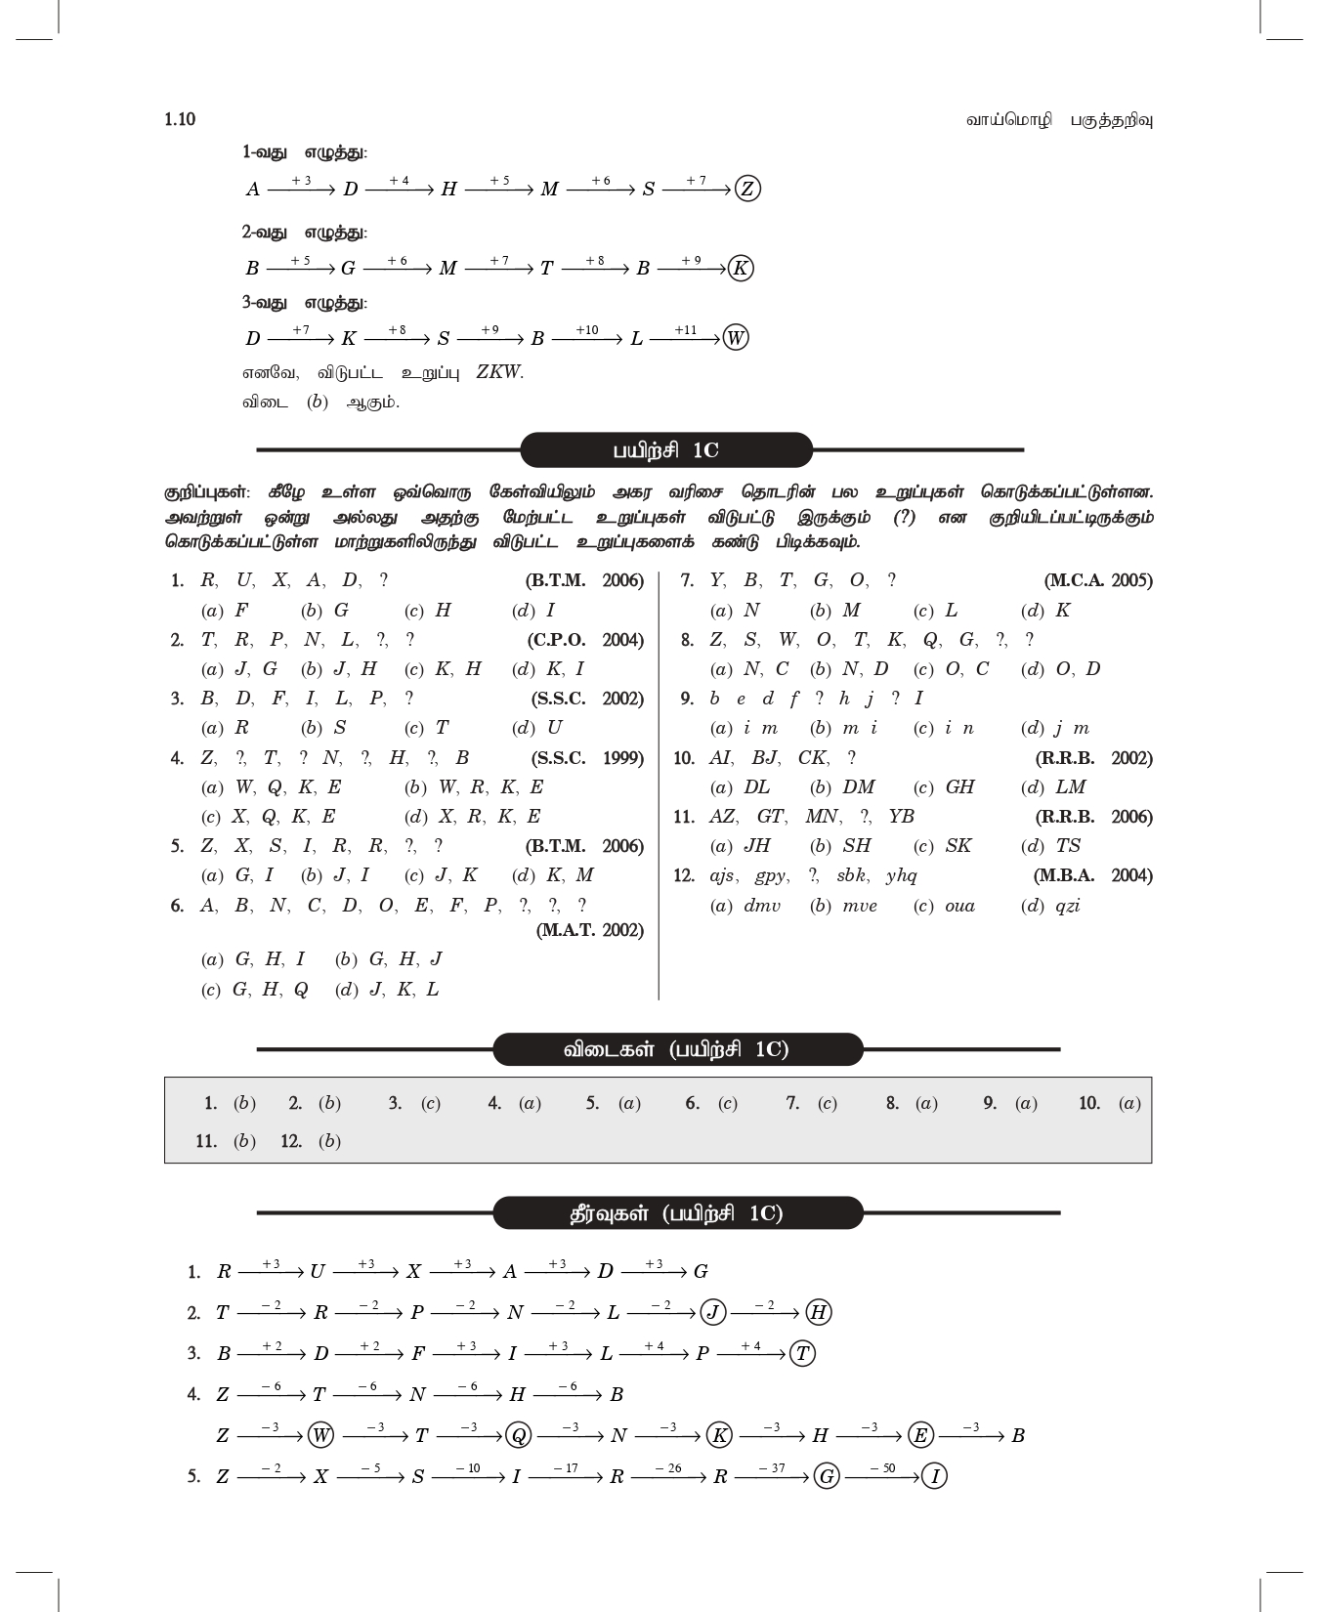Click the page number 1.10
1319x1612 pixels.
[180, 119]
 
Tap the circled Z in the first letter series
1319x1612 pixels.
[747, 189]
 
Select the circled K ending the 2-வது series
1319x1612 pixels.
[741, 269]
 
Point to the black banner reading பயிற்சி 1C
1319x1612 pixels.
[666, 450]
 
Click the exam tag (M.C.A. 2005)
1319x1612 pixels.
[1098, 580]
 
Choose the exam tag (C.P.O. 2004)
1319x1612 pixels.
[585, 640]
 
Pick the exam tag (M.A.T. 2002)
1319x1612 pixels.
[590, 930]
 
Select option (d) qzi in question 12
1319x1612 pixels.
[1051, 906]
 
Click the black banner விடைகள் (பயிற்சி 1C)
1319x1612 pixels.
[677, 1050]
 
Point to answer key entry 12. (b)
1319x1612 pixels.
[311, 1141]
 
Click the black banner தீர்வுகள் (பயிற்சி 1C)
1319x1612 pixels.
[677, 1213]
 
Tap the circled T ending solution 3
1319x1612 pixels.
[802, 1353]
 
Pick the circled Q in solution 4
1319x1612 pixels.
[519, 1435]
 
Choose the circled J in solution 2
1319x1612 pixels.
[714, 1312]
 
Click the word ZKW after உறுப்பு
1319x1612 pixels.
[499, 372]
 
